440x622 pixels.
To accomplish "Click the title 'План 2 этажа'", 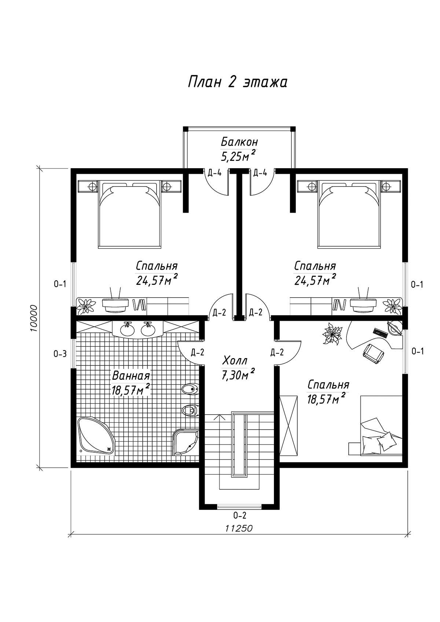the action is (x=238, y=82).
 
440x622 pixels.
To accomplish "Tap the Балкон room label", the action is (x=239, y=142).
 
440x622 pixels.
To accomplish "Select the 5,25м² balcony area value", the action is (x=238, y=156).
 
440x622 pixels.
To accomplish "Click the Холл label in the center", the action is (x=235, y=361).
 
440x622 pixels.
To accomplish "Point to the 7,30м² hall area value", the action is (x=238, y=375).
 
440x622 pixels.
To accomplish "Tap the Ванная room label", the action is (x=131, y=376).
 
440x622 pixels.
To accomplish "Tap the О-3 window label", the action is (x=60, y=354).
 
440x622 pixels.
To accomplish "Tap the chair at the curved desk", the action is (x=374, y=353).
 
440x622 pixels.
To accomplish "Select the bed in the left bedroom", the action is (x=129, y=213).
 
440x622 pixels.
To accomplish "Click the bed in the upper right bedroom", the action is (x=349, y=213).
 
